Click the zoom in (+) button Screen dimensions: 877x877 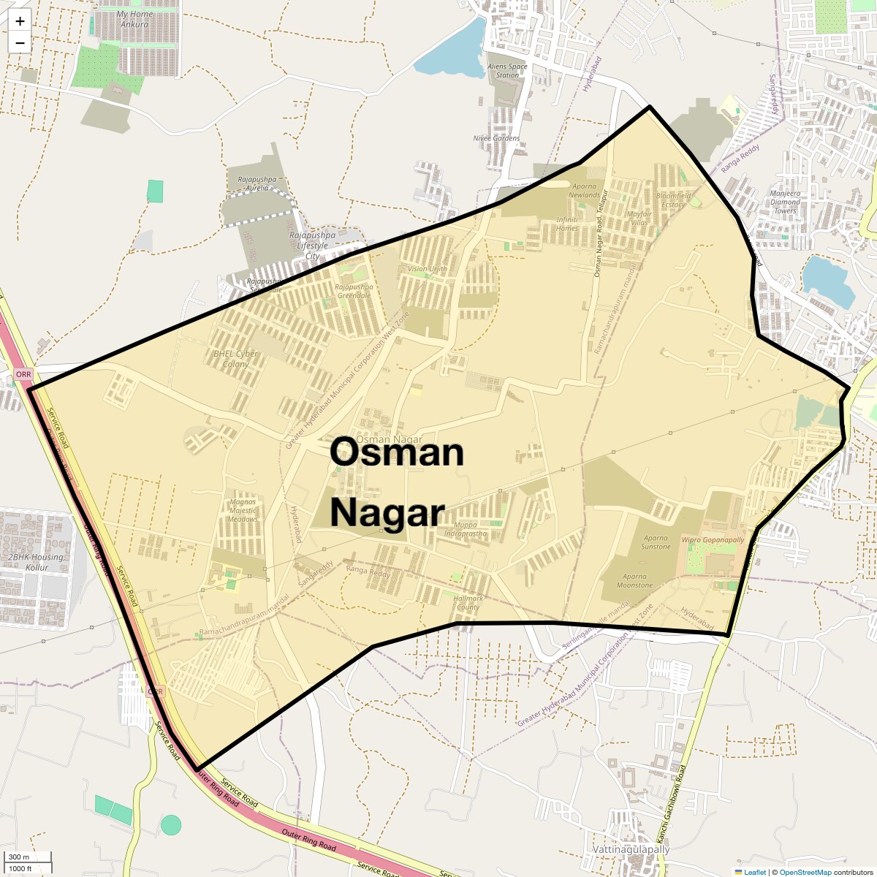20,21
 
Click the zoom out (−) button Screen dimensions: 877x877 20,42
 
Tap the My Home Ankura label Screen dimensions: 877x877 134,19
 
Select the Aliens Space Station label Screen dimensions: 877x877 507,71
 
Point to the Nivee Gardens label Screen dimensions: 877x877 496,138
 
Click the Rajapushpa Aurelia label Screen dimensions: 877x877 257,183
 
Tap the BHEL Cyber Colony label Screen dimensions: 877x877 235,359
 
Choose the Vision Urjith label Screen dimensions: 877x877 428,269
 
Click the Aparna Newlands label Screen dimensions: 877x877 584,191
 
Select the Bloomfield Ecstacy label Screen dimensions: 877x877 673,200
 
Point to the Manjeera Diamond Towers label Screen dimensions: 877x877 785,202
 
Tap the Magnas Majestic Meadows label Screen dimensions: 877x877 243,511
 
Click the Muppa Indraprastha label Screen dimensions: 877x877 465,529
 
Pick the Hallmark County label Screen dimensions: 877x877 468,603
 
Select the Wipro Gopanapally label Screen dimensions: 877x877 713,540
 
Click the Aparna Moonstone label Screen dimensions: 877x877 634,581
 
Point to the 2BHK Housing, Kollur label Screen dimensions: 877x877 37,562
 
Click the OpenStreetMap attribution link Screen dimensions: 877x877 805,872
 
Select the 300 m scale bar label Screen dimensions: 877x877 19,857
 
